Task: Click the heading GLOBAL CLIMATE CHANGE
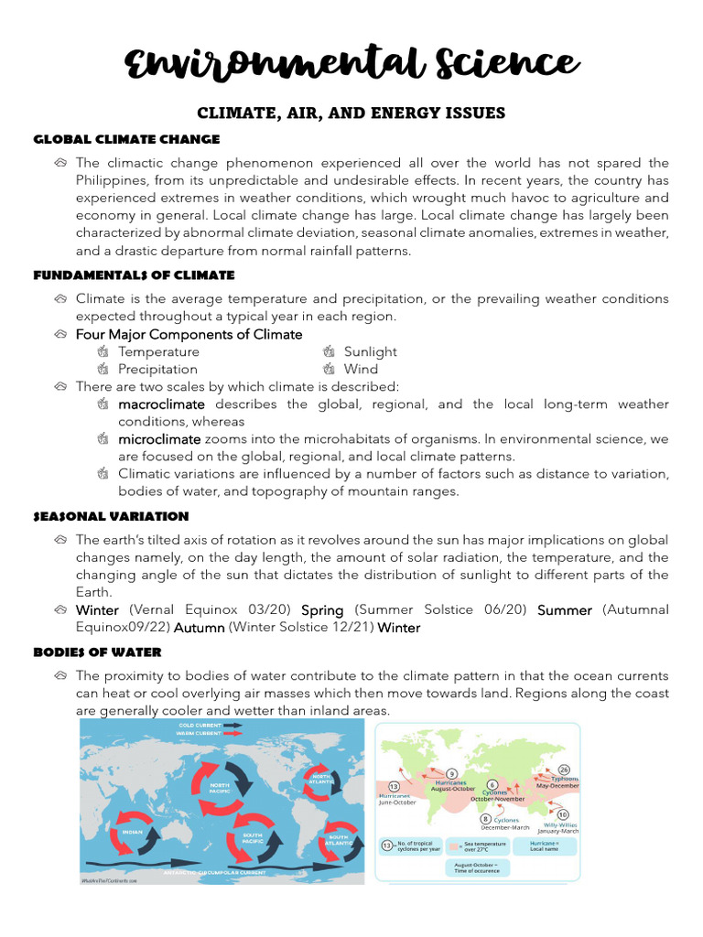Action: pos(126,139)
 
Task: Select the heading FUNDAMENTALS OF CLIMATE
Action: pos(134,275)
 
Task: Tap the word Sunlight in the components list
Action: pos(370,351)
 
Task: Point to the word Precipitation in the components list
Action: pos(157,369)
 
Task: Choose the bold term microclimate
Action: pos(159,438)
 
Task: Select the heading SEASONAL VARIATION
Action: pos(111,516)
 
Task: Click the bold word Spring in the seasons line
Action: pos(322,609)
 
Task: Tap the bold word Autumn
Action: pos(199,627)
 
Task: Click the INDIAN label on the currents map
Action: pos(131,832)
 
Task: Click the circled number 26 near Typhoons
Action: pos(564,769)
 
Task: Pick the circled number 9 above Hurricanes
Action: pos(451,773)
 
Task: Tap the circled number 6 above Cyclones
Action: pos(492,784)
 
